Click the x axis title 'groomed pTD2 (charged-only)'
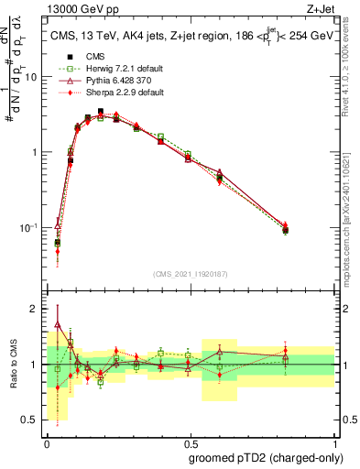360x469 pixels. pyautogui.click(x=266, y=456)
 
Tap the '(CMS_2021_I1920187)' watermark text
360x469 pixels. pyautogui.click(x=191, y=274)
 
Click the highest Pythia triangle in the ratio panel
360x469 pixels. pyautogui.click(x=59, y=324)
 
